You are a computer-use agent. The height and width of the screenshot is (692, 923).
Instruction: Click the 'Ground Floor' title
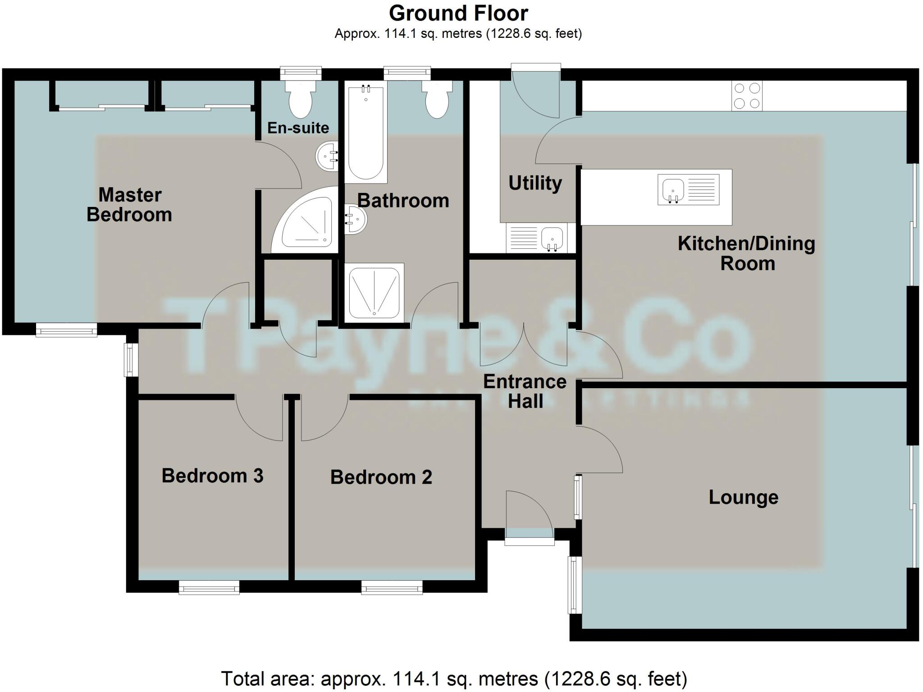click(x=458, y=14)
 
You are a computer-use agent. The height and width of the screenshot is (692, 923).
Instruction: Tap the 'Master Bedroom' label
click(x=129, y=205)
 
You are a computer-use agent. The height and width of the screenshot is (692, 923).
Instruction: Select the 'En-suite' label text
click(x=298, y=128)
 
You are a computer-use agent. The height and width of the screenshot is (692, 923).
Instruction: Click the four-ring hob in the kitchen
click(x=747, y=96)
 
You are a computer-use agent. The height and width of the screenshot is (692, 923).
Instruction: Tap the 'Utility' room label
click(x=535, y=183)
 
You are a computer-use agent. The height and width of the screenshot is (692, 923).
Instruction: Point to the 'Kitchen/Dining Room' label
click(x=746, y=253)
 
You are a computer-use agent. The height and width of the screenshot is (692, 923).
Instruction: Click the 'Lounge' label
click(x=744, y=497)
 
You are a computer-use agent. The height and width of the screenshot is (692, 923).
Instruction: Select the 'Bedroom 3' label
click(x=212, y=476)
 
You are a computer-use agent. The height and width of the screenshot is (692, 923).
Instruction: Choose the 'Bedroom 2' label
click(x=381, y=477)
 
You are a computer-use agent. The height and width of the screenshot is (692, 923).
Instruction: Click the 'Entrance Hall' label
click(x=525, y=391)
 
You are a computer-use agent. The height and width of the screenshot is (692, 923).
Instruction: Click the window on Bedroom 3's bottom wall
click(x=209, y=587)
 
